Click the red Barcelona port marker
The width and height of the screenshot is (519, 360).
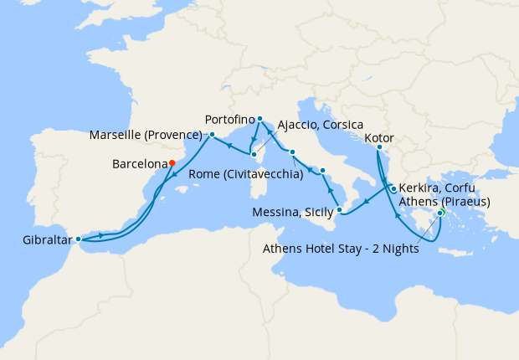172,163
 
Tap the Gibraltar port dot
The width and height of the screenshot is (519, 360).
79,239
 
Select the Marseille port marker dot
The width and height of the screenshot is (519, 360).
213,135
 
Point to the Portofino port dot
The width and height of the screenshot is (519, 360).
260,119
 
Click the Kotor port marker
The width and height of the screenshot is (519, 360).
378,148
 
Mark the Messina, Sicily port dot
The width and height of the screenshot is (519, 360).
339,209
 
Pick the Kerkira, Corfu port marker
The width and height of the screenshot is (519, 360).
393,189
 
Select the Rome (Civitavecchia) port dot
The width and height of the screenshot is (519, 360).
291,152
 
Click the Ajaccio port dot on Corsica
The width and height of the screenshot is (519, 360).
253,154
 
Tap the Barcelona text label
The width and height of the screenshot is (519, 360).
139,165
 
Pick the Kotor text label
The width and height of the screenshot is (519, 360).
380,138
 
